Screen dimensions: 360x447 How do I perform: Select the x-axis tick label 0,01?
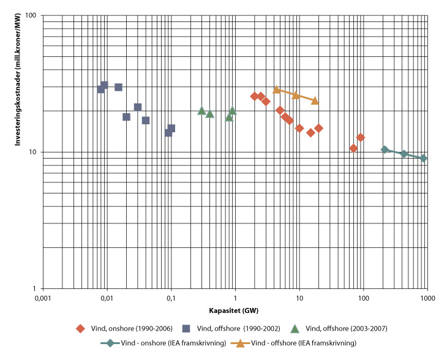coord(107,298)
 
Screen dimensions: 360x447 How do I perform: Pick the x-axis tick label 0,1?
coord(171,298)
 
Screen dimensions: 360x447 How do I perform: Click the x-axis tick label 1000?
coord(427,298)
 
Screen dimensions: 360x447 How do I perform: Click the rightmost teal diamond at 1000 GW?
coord(423,158)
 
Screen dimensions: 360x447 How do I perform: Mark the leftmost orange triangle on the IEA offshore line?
coord(276,90)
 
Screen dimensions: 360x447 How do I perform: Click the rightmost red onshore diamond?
coord(361,137)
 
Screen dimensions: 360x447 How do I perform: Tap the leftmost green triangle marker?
coord(201,111)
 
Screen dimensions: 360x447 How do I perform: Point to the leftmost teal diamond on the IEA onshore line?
coord(385,149)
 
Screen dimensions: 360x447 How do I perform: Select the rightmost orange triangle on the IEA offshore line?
coord(315,100)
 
